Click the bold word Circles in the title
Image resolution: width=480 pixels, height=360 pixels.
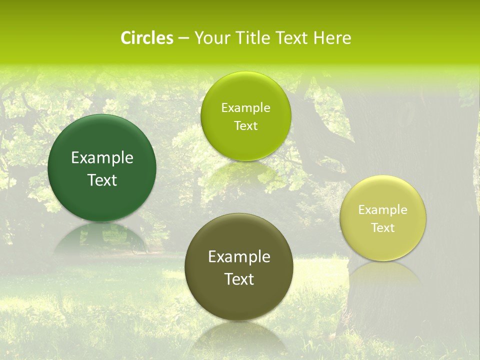(147, 38)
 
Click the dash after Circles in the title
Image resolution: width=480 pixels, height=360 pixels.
(183, 38)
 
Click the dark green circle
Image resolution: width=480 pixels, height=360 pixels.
(102, 200)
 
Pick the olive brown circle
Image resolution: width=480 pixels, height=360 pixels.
(239, 300)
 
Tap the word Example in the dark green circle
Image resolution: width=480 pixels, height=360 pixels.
(102, 158)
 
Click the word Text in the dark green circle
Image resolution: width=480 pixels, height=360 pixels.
(102, 180)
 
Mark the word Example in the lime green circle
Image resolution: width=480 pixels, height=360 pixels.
(246, 108)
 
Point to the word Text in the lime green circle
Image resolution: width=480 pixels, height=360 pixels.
(246, 126)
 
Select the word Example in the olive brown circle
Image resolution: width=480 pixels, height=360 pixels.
(239, 257)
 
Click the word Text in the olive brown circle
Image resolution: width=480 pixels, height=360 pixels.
(239, 279)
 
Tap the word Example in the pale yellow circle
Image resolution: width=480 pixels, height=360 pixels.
(383, 210)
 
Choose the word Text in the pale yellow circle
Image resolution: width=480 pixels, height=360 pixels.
(383, 228)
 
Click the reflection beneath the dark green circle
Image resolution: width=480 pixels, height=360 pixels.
(102, 237)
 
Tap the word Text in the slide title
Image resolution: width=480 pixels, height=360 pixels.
(291, 38)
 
